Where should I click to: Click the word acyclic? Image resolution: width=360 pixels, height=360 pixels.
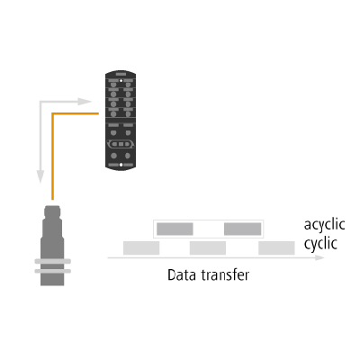[324, 225]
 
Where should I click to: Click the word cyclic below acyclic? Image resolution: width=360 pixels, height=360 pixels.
[320, 244]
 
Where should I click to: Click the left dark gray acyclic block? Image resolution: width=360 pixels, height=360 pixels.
[175, 229]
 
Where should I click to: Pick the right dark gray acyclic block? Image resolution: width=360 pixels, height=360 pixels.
[242, 229]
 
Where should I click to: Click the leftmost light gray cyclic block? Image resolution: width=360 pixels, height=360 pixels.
[141, 247]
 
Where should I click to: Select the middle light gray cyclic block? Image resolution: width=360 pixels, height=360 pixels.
[208, 247]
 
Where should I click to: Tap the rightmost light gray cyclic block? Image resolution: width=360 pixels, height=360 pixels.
[276, 247]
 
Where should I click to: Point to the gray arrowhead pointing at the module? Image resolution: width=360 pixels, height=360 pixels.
[85, 102]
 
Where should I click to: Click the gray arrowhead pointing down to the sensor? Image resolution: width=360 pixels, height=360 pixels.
[40, 176]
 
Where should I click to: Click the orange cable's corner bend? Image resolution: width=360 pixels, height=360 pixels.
[53, 113]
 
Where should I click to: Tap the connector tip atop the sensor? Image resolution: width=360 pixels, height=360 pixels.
[52, 211]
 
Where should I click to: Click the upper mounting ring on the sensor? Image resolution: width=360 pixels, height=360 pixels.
[53, 261]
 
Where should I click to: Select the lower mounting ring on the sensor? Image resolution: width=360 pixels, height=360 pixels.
[53, 271]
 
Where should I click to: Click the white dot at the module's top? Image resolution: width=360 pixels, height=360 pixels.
[121, 81]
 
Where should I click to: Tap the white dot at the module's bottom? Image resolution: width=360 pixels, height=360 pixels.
[121, 165]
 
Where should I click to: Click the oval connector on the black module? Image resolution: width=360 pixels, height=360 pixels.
[121, 144]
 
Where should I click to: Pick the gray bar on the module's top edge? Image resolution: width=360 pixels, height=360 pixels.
[121, 74]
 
